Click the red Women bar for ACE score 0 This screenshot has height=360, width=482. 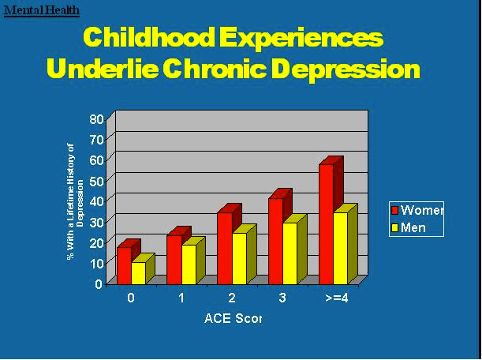pos(124,265)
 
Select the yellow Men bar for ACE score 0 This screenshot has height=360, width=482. pos(138,273)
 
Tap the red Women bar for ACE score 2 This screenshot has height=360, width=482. pos(224,248)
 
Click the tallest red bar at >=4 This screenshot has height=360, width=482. pos(326,224)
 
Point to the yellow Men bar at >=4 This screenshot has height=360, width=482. pos(340,249)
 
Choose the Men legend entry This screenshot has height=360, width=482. pos(413,227)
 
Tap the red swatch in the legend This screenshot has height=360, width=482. pos(395,210)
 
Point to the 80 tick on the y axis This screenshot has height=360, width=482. pos(96,118)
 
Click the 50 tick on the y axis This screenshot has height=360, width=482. pos(96,181)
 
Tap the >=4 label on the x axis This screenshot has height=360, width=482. pos(334,299)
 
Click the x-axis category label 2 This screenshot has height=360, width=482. pos(232,299)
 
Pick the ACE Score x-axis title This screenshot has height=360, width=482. pos(232,319)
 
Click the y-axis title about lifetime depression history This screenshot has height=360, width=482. pos(74,201)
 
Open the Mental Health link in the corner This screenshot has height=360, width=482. pos(41,10)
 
